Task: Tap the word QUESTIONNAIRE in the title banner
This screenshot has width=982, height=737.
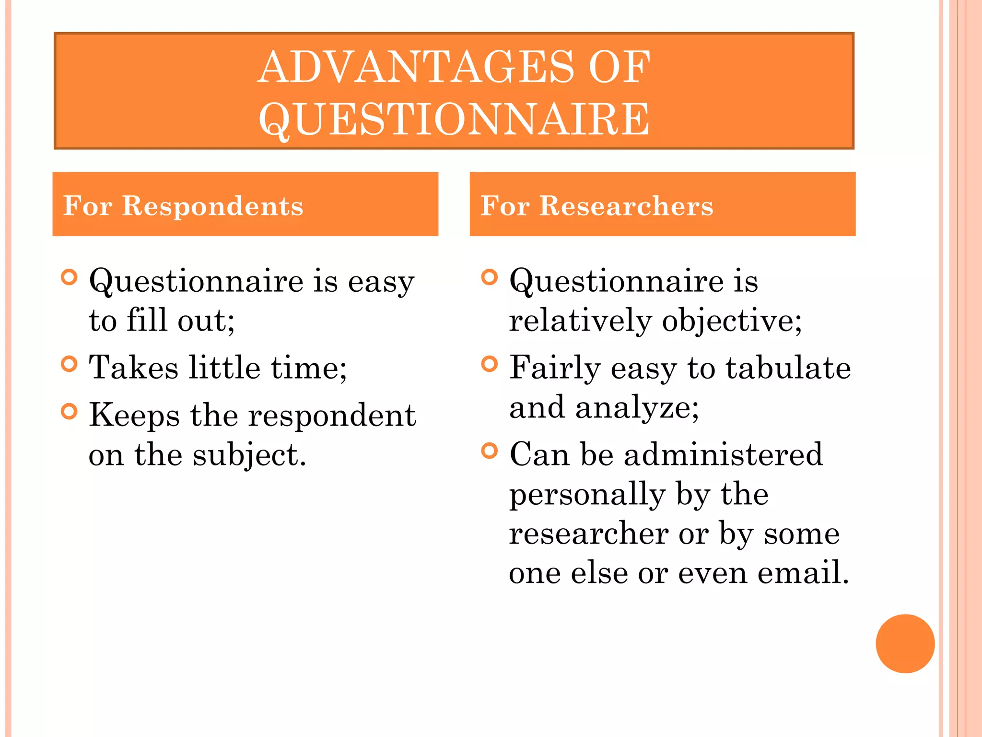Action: [x=454, y=119]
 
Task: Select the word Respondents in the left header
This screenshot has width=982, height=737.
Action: [x=212, y=206]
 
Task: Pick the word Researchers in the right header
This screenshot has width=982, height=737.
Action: [x=626, y=206]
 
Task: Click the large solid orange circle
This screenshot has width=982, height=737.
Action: [x=905, y=643]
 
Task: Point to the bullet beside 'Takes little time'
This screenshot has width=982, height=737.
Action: [x=70, y=364]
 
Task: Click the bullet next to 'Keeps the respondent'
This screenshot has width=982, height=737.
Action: [x=70, y=411]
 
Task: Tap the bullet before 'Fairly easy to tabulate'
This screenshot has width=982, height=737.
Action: [x=489, y=364]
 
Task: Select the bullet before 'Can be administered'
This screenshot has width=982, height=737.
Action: [x=489, y=451]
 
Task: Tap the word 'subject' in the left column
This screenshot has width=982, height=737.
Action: [x=249, y=455]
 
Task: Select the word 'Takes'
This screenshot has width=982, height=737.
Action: [x=134, y=368]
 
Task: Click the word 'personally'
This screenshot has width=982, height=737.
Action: [x=587, y=494]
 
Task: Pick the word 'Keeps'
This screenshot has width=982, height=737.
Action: [x=134, y=415]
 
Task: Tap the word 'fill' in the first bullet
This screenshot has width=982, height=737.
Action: [x=146, y=320]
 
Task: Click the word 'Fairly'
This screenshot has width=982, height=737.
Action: [x=554, y=368]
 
